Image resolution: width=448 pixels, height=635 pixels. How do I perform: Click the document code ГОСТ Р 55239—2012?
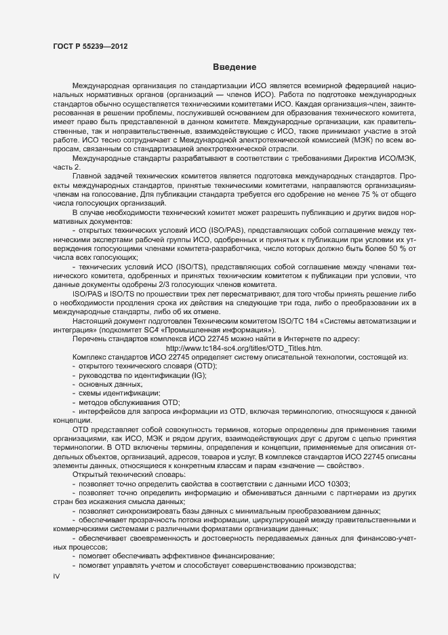click(89, 47)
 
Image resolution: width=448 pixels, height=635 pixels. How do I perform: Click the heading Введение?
click(234, 67)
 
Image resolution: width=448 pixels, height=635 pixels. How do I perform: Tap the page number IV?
click(56, 576)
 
